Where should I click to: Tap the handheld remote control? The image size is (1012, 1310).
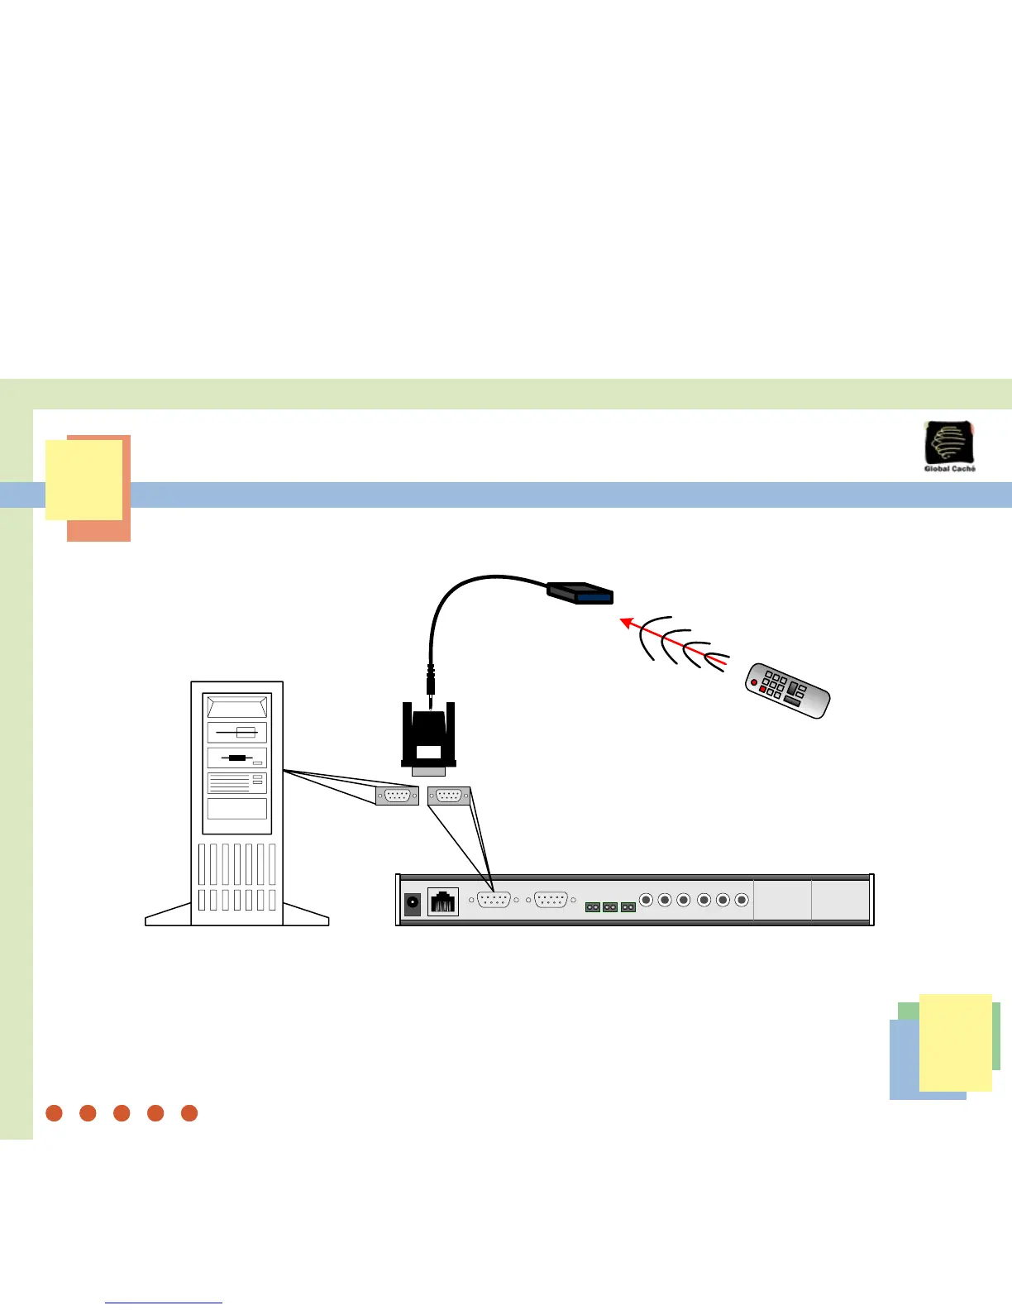click(x=787, y=690)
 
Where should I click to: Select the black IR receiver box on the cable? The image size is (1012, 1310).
click(x=580, y=593)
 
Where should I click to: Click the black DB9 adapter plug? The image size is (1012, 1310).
click(x=428, y=737)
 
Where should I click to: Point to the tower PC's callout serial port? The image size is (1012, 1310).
click(x=397, y=796)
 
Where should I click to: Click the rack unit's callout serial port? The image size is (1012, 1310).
click(x=449, y=796)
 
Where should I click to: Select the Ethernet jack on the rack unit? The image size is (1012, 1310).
click(x=443, y=901)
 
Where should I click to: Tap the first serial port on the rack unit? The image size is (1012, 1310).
click(x=494, y=900)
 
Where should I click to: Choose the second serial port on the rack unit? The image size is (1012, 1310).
click(x=551, y=900)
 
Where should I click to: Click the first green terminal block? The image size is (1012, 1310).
click(x=593, y=907)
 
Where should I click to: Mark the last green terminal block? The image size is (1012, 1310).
click(x=628, y=907)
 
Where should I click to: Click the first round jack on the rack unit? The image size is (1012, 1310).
click(x=647, y=900)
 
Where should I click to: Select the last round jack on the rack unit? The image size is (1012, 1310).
click(x=742, y=900)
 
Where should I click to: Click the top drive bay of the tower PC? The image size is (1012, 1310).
click(x=237, y=708)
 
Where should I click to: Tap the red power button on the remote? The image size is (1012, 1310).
click(x=752, y=685)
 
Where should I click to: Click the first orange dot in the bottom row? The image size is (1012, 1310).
click(x=55, y=1113)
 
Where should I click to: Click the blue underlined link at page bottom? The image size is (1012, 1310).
click(x=164, y=1303)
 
